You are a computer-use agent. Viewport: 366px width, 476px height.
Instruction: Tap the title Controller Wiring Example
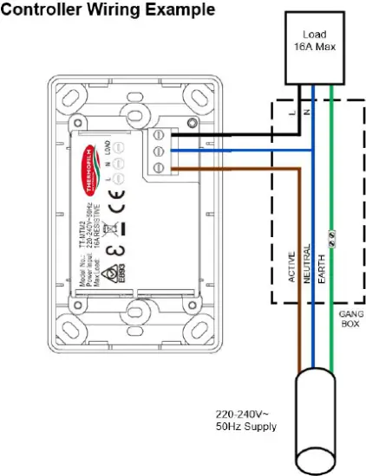click(x=108, y=10)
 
